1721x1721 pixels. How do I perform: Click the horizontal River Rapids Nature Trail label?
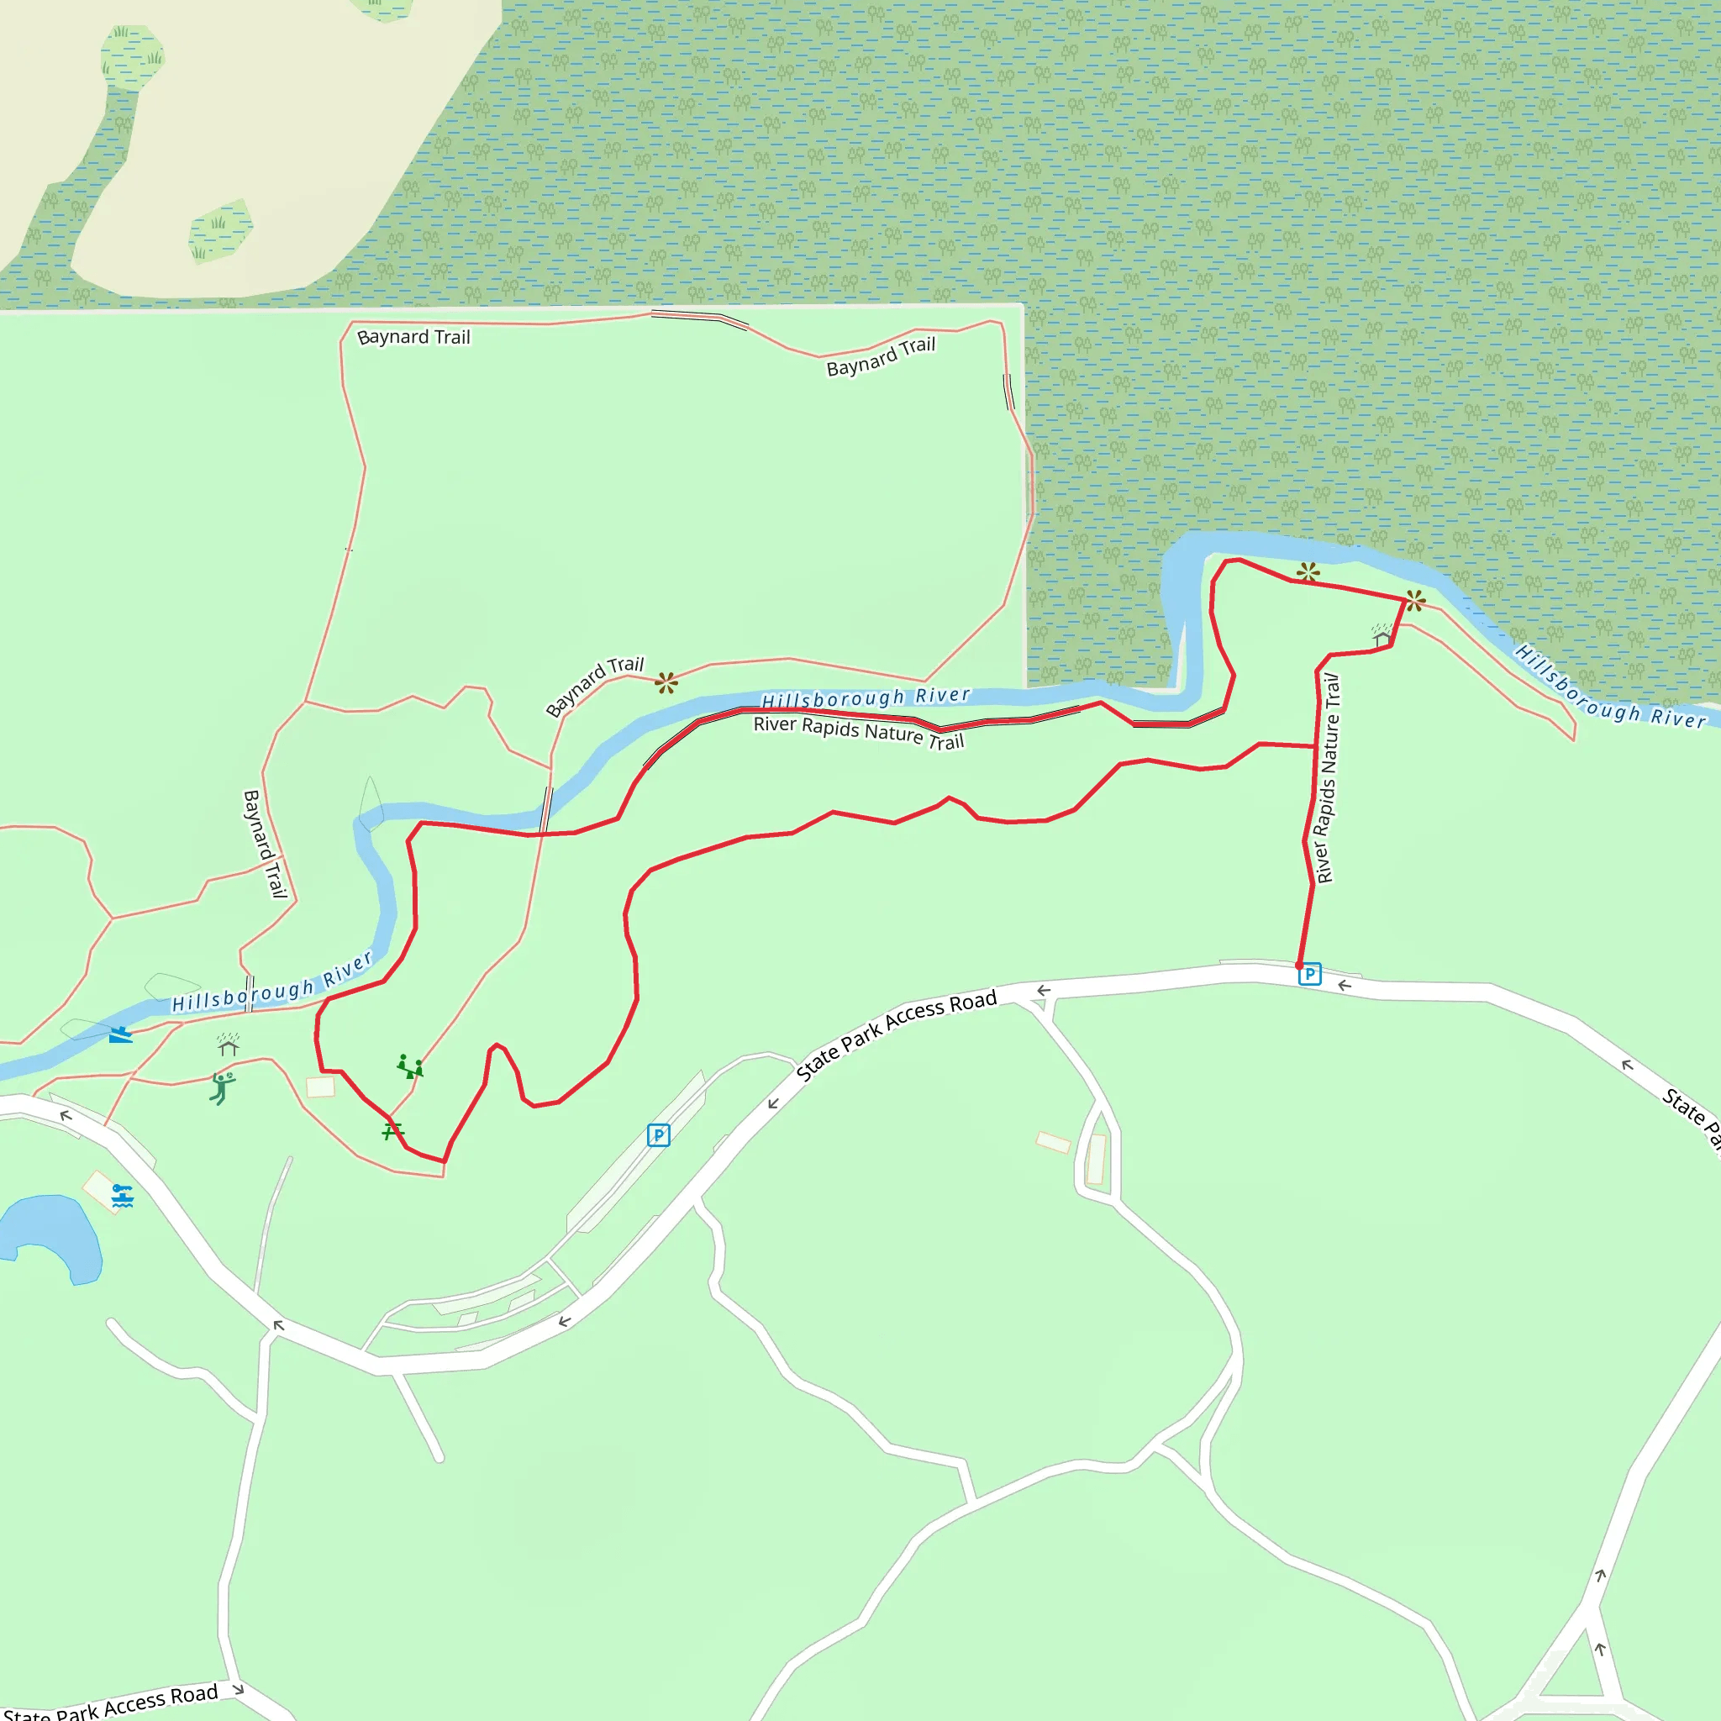(858, 732)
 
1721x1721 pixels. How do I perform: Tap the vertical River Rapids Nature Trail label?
(1326, 778)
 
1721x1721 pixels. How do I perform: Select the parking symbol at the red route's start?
(1309, 975)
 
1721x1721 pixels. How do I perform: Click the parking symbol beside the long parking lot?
(658, 1134)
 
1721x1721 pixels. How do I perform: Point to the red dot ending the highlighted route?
(1299, 966)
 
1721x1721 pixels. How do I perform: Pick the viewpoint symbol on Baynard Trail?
(666, 683)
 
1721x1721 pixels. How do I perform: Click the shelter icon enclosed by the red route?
(1381, 635)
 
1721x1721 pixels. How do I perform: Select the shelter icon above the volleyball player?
(229, 1044)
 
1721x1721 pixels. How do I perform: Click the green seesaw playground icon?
(410, 1066)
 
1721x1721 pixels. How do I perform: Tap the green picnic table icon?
(392, 1131)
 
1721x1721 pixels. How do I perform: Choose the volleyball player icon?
(222, 1087)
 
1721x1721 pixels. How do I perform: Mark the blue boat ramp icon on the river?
(120, 1034)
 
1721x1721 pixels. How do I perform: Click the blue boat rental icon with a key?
(123, 1196)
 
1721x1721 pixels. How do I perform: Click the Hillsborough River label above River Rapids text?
(865, 697)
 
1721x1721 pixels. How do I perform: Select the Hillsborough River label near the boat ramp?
(271, 983)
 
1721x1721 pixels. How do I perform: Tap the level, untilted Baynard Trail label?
(413, 337)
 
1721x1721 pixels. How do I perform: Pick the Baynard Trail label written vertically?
(266, 844)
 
